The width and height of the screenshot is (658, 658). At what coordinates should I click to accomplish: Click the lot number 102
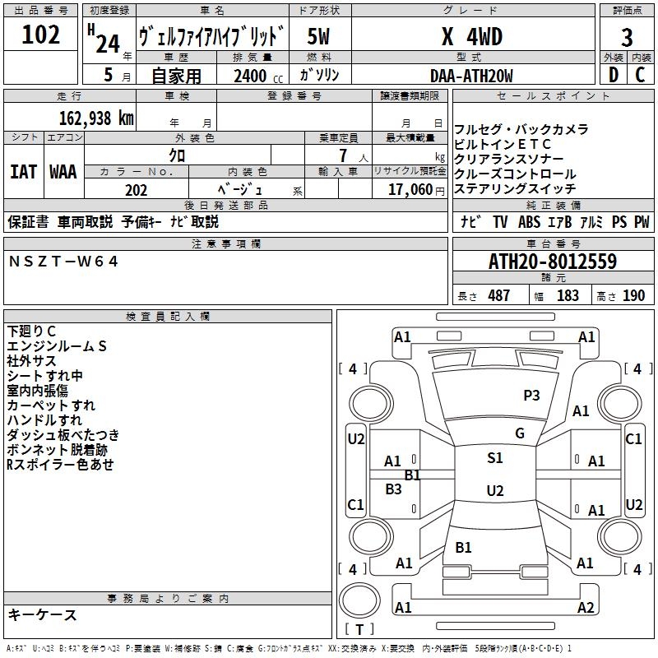(41, 35)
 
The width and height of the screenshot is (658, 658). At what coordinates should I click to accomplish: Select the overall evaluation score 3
(627, 37)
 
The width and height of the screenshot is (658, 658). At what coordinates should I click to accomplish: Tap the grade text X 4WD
(471, 37)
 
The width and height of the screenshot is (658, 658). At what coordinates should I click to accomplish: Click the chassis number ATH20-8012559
(553, 262)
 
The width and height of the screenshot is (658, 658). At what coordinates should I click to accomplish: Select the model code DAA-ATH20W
(471, 76)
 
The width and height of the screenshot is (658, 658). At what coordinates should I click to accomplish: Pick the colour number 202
(136, 191)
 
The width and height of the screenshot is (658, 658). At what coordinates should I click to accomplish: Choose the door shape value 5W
(319, 37)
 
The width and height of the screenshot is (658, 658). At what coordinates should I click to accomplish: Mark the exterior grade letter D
(612, 76)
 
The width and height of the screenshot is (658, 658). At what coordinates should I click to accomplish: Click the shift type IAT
(23, 172)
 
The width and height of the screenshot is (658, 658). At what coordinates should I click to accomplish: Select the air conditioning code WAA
(63, 172)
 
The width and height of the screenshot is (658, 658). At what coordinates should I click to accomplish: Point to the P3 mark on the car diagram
(531, 396)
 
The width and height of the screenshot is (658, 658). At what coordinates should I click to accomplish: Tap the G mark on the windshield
(519, 433)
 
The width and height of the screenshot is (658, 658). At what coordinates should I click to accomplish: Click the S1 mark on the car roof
(494, 458)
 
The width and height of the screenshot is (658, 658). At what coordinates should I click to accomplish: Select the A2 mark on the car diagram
(585, 607)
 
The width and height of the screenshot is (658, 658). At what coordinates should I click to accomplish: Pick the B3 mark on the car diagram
(393, 489)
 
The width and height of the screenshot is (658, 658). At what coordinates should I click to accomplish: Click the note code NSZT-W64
(63, 262)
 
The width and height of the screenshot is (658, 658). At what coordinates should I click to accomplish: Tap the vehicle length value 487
(498, 296)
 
